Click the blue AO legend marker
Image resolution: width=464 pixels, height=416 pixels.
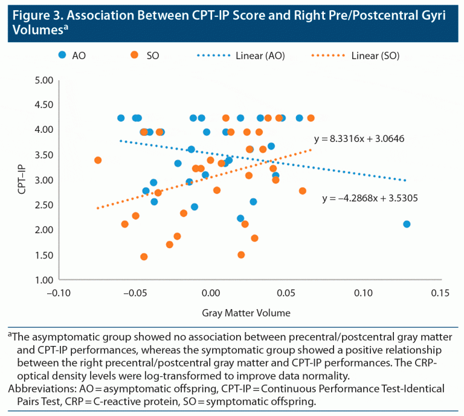[62, 56]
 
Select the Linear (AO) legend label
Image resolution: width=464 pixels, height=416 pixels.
[260, 56]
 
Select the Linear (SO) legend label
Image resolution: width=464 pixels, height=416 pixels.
[375, 56]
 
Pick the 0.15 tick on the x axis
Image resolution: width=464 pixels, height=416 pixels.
[438, 293]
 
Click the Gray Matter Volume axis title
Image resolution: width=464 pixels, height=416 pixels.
[246, 313]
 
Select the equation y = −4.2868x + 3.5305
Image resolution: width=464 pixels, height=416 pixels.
[370, 197]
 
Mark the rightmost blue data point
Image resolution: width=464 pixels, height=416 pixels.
[407, 224]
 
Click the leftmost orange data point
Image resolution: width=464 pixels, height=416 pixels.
[98, 160]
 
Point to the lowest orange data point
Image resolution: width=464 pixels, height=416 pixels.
[144, 257]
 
